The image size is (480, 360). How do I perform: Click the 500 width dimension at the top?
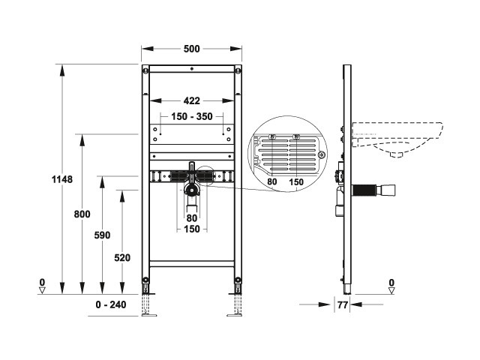tap(192, 49)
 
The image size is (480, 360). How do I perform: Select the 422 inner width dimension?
tap(192, 100)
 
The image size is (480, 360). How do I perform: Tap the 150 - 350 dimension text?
tap(192, 117)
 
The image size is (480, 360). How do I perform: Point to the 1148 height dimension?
tap(62, 179)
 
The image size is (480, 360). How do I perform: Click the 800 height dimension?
tap(82, 214)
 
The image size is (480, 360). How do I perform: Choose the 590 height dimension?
tap(102, 235)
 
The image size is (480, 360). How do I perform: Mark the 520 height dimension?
tap(122, 258)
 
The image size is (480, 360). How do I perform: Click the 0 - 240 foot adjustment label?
tap(111, 304)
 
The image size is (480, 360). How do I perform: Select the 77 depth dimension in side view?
tap(343, 305)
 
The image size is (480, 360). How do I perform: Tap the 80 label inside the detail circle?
tap(271, 181)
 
